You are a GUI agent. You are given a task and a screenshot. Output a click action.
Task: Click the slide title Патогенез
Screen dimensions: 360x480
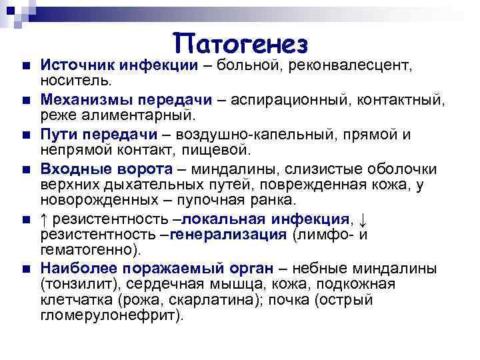(243, 44)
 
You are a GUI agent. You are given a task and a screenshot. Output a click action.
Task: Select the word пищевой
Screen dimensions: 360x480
(224, 150)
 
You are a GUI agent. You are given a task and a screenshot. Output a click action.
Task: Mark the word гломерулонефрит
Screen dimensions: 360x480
(110, 315)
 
